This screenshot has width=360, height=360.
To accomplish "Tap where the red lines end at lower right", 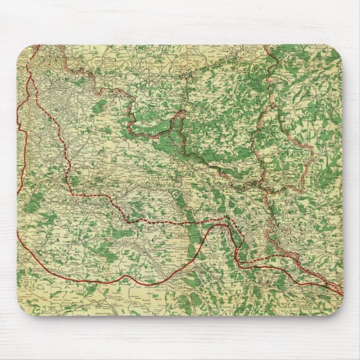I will [342, 291].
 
